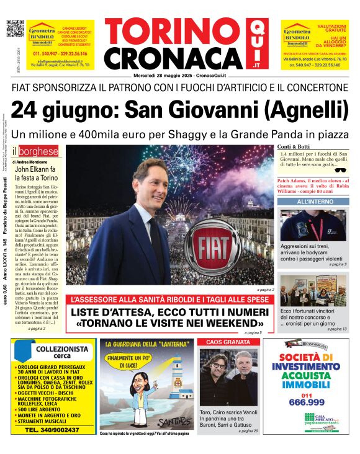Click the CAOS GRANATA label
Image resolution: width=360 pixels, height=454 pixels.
click(x=228, y=342)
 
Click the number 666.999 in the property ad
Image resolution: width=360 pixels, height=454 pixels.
click(x=307, y=403)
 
